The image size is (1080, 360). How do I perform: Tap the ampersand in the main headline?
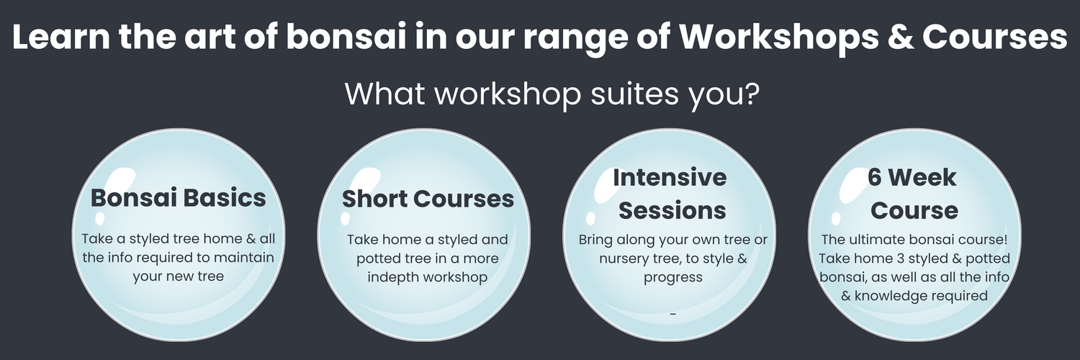click(901, 37)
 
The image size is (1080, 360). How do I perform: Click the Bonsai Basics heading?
click(178, 197)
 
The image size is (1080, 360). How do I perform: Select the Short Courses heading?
click(428, 199)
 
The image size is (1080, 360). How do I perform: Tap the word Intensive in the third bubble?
click(670, 177)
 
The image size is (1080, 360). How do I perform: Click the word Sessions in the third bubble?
click(672, 211)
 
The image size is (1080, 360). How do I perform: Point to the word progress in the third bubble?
click(673, 278)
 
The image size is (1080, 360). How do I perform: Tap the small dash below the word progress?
click(673, 314)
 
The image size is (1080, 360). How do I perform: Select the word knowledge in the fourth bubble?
click(895, 296)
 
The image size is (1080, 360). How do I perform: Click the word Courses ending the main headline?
click(994, 37)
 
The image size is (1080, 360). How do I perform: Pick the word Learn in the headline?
click(60, 37)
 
